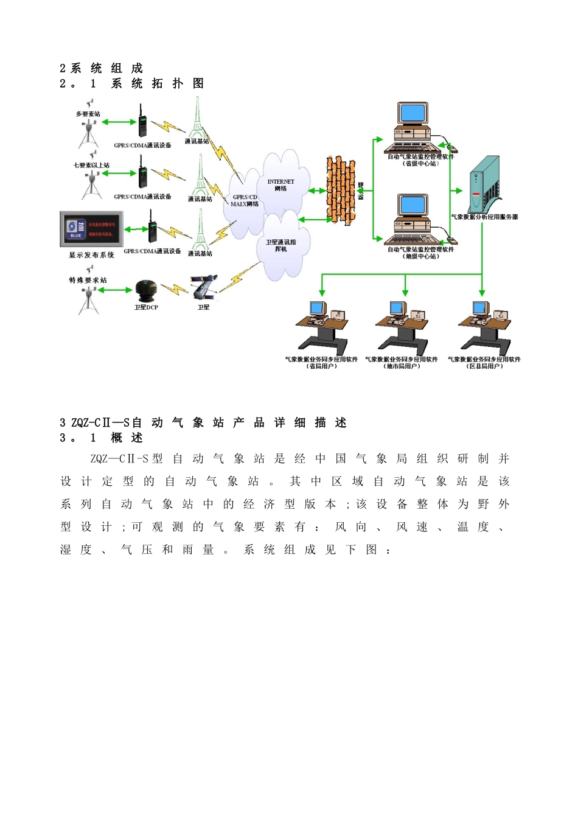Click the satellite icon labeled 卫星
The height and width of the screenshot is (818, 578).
point(204,287)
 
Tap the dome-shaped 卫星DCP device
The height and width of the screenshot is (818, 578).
point(145,291)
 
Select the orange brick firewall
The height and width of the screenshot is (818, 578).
point(340,191)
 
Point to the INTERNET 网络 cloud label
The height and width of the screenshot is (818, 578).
point(280,185)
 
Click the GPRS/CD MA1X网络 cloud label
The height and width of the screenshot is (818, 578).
point(245,200)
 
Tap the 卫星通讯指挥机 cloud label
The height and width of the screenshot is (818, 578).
point(280,245)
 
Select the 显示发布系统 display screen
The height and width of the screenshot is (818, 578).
point(91,229)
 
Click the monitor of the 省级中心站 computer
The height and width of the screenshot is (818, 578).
point(413,114)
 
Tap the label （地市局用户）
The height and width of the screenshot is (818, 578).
point(402,366)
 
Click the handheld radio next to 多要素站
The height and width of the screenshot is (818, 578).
point(142,122)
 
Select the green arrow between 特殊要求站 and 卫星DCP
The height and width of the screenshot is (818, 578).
point(116,290)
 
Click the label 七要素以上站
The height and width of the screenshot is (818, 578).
point(91,165)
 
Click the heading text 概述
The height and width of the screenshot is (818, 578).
point(127,438)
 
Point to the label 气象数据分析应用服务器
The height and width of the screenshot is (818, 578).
point(484,217)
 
